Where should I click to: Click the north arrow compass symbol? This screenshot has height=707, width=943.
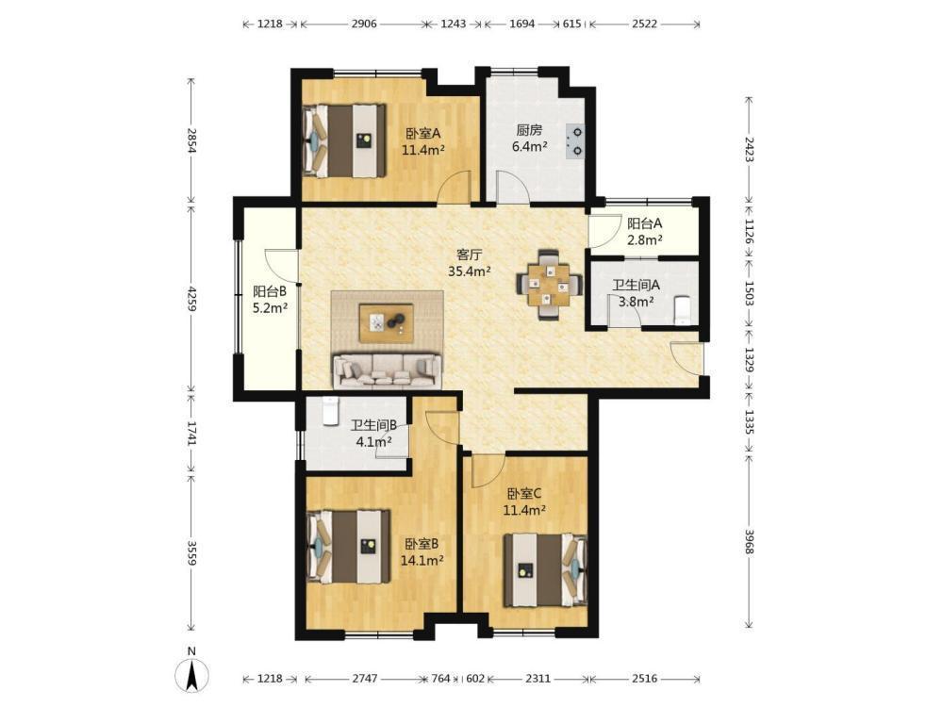(191, 675)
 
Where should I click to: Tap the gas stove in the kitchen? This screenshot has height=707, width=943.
(574, 140)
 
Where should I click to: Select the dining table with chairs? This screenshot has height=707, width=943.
(549, 285)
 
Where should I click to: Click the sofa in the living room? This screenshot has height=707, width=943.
(387, 370)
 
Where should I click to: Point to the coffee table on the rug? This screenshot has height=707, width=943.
(386, 323)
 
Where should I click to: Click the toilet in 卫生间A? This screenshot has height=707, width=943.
(683, 310)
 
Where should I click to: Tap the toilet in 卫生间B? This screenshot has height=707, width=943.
(330, 411)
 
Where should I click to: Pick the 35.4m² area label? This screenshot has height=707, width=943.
(470, 271)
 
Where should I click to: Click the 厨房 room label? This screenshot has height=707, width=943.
(529, 130)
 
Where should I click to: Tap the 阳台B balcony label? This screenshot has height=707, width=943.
(270, 291)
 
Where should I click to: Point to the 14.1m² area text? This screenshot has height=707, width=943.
(422, 560)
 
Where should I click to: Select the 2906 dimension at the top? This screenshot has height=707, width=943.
(364, 25)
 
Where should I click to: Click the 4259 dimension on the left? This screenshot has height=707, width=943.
(191, 298)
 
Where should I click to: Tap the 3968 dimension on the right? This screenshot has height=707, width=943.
(750, 542)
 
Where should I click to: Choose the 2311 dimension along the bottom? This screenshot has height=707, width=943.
(538, 679)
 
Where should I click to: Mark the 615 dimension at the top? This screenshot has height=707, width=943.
(571, 25)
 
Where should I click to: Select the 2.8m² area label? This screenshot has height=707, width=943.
(645, 239)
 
